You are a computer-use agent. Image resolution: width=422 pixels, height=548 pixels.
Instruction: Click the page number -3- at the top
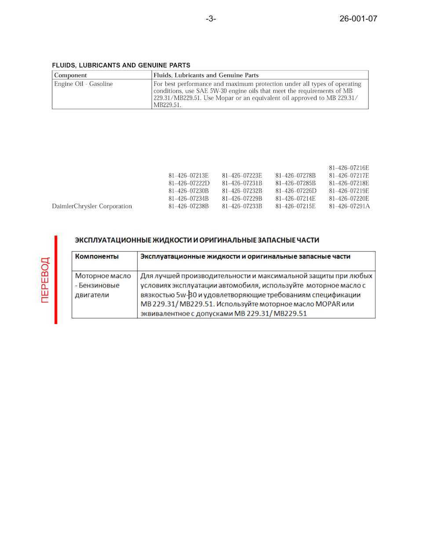[x=211, y=18]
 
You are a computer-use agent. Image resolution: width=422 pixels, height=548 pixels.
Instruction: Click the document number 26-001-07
[x=358, y=18]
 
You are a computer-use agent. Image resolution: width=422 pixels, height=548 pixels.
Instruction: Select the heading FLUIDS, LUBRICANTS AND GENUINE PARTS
[x=121, y=65]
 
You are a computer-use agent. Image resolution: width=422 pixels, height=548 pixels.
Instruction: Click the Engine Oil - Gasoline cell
[x=84, y=84]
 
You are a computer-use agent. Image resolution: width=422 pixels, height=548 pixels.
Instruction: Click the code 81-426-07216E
[x=349, y=168]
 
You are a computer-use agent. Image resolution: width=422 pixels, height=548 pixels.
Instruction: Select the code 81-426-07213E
[x=189, y=176]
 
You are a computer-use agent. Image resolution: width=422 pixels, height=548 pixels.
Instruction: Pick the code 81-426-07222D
[x=189, y=183]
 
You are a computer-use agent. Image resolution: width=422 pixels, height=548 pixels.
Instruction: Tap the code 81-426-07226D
[x=296, y=191]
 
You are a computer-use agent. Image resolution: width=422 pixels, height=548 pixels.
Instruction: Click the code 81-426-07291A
[x=349, y=206]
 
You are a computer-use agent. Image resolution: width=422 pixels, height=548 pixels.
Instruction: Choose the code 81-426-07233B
[x=242, y=206]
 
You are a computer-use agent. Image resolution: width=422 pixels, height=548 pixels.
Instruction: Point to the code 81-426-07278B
[x=295, y=176]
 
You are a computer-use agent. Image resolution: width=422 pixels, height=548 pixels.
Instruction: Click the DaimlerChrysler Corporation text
[x=92, y=206]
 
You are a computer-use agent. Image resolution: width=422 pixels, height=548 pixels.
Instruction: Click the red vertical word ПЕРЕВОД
[x=45, y=280]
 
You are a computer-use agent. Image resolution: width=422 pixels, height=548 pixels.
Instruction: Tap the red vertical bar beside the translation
[x=56, y=280]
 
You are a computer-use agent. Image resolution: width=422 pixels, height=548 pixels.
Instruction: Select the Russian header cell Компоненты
[x=97, y=256]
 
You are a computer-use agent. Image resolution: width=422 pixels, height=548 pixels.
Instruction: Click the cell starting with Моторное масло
[x=103, y=285]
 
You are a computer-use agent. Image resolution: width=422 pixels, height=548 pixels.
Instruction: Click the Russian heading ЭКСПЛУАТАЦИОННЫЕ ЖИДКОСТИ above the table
[x=196, y=240]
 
